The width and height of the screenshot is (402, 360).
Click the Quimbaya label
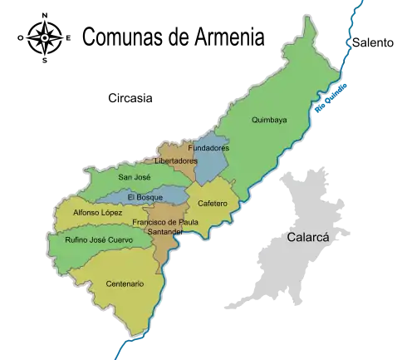(x=269, y=121)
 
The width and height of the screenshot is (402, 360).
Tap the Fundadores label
(x=208, y=148)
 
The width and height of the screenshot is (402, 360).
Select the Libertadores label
(x=176, y=160)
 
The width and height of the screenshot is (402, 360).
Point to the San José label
(x=134, y=177)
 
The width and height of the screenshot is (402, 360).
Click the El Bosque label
(x=146, y=197)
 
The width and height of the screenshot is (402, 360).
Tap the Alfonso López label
(x=98, y=213)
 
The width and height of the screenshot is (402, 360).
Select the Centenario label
(x=125, y=284)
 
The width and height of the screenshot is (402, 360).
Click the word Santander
(x=164, y=232)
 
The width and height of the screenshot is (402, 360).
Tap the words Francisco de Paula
(x=165, y=223)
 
